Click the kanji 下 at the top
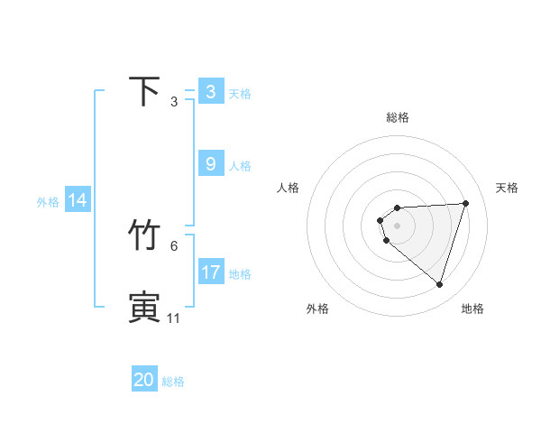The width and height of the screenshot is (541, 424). point(145,91)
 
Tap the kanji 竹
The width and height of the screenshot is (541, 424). point(145,235)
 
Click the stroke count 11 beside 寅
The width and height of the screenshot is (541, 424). point(173,318)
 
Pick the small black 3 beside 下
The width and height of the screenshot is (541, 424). point(174,101)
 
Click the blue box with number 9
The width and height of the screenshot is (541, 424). point(211,164)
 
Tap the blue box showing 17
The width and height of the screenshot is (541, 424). point(211,272)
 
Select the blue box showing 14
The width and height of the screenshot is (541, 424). point(78,200)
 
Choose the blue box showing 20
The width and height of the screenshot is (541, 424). point(144,380)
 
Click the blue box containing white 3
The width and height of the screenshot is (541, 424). point(211,92)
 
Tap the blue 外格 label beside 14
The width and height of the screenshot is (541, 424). point(48,202)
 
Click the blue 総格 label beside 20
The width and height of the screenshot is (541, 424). point(173,382)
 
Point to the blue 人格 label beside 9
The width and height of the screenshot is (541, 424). point(240,166)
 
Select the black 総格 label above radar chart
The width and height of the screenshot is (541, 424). point(398,117)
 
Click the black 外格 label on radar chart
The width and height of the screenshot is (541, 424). point(317,309)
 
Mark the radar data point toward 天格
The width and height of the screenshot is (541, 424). point(465,203)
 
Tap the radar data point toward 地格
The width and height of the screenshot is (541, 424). point(439,284)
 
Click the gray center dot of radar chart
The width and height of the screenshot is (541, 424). point(398,225)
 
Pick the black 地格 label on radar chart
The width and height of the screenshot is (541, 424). point(472,309)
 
